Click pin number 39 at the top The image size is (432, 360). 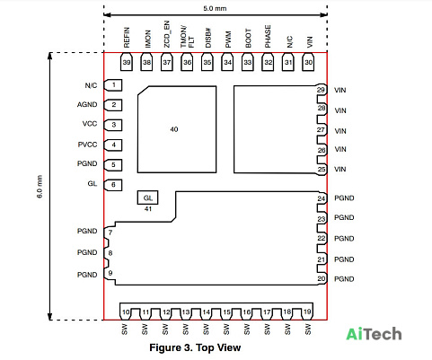[127, 62]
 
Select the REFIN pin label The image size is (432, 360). [127, 38]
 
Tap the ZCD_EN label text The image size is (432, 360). [167, 34]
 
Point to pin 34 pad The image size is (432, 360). [227, 62]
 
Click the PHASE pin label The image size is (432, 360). [268, 36]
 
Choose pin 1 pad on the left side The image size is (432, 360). [113, 85]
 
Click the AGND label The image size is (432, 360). [87, 105]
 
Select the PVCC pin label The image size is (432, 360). [87, 145]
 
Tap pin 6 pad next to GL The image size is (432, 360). [113, 185]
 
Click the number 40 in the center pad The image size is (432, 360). [174, 129]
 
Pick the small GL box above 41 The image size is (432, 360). [147, 198]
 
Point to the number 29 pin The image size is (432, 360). [321, 90]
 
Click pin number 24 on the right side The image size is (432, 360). [322, 198]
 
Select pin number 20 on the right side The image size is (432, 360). [322, 279]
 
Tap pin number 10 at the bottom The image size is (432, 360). [126, 312]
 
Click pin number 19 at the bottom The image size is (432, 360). [307, 312]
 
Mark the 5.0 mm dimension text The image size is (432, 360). [215, 8]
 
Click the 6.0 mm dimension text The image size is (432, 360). [40, 187]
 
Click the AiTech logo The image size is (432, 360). [374, 334]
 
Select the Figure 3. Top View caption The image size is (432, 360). [195, 347]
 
